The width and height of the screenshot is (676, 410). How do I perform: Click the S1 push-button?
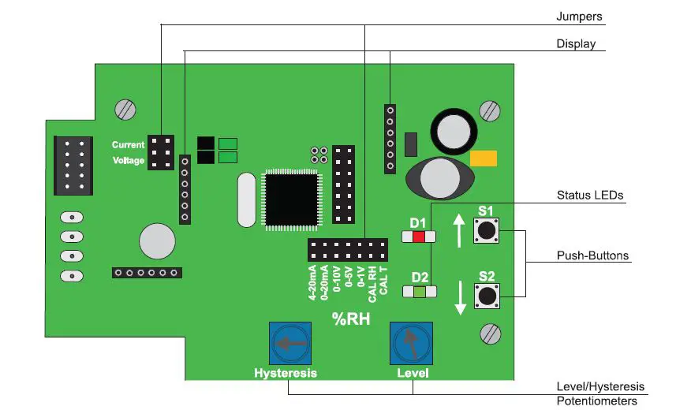point(487,231)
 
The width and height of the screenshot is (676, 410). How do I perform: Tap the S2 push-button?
point(487,296)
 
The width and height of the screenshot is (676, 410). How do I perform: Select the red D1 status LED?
point(417,237)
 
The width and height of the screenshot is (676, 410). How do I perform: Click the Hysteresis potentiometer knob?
point(285,343)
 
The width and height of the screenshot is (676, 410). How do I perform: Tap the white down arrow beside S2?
point(460,297)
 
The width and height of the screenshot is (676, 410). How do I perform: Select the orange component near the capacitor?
point(482,158)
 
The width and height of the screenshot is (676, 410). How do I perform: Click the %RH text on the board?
point(349,320)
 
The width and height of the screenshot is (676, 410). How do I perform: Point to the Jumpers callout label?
point(581,16)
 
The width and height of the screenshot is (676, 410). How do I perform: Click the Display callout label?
point(577,44)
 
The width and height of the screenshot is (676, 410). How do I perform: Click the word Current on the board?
point(128,145)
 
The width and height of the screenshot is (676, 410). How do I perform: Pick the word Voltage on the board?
point(128,161)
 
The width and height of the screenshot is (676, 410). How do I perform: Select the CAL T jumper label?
point(384,280)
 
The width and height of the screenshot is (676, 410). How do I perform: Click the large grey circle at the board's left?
point(156,240)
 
